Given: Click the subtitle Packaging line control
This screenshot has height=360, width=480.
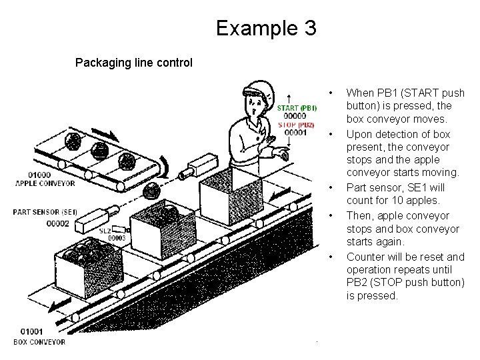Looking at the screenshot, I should point(133,63).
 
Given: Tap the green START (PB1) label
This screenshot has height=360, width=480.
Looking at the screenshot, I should point(297,107).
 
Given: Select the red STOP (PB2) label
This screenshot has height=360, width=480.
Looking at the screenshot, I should point(295,124).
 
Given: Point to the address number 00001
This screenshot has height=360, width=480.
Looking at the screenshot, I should point(295,132).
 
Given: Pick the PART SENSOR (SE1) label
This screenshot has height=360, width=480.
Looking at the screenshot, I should point(44,212).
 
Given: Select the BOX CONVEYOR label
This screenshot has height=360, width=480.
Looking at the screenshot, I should point(40,342).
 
